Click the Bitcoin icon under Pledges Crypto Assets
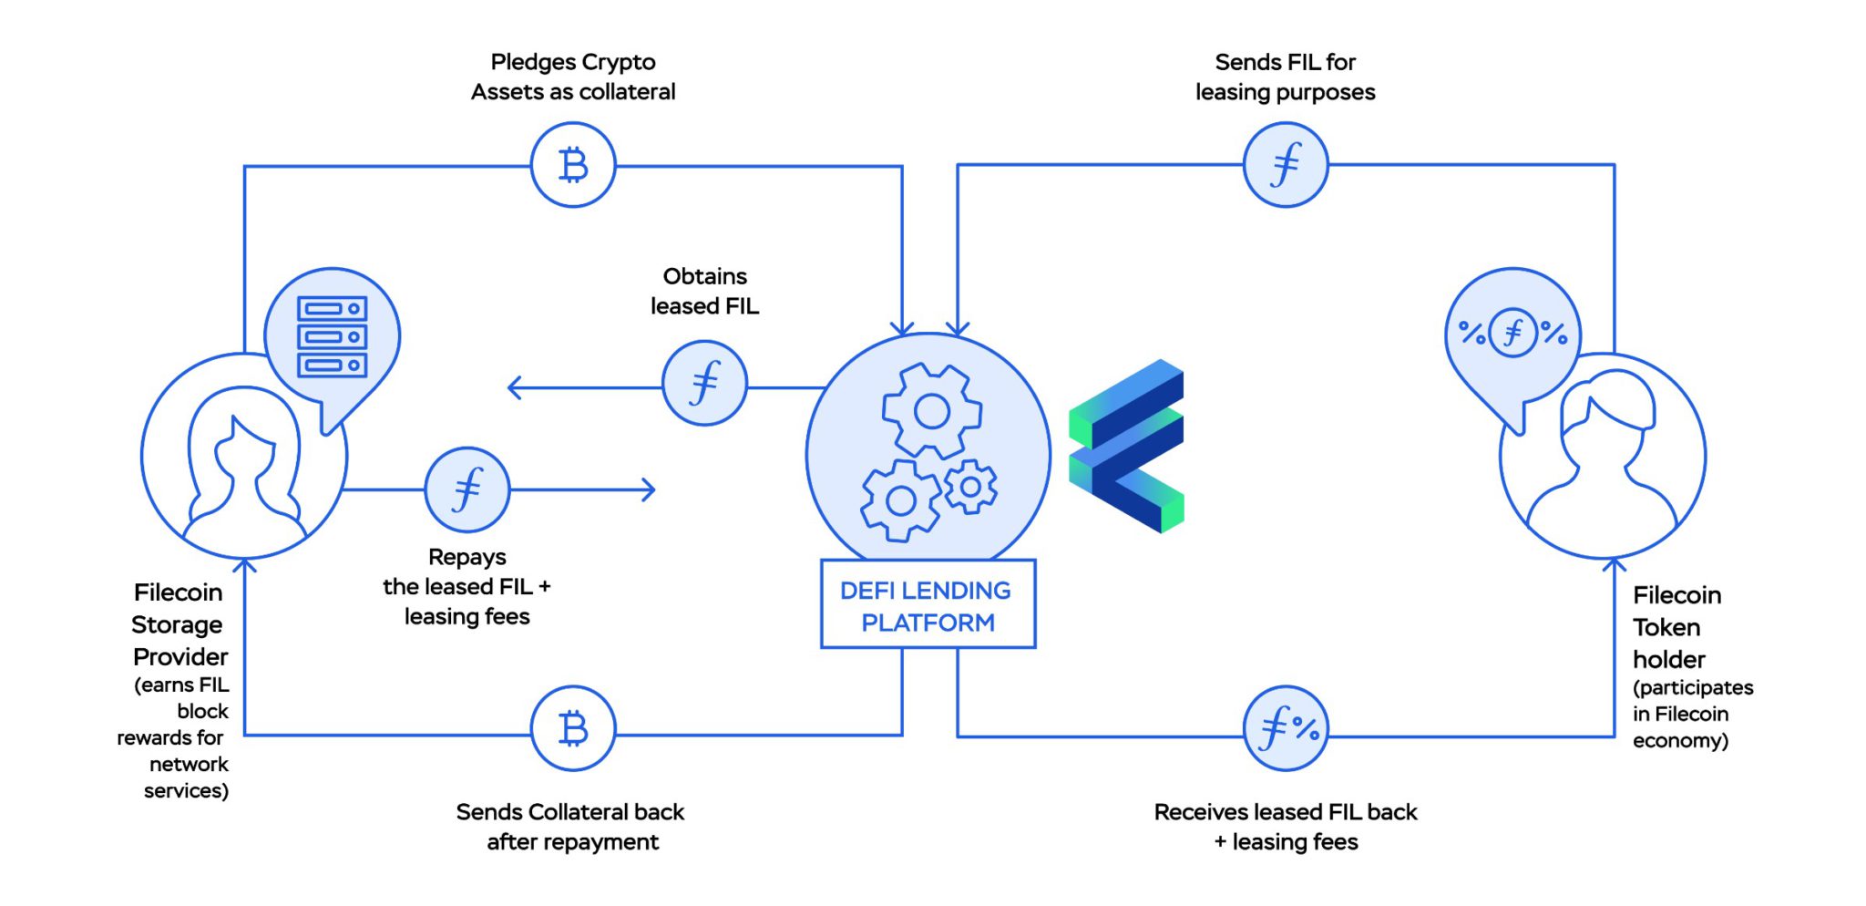pyautogui.click(x=573, y=165)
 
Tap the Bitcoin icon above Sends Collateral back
pyautogui.click(x=573, y=728)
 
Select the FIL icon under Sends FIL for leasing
pyautogui.click(x=1286, y=165)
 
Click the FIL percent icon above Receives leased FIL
pyautogui.click(x=1286, y=728)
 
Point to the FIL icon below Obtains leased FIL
pyautogui.click(x=704, y=383)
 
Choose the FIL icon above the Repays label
pyautogui.click(x=467, y=489)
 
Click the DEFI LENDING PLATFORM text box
pyautogui.click(x=928, y=605)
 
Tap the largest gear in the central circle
pyautogui.click(x=931, y=411)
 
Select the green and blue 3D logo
pyautogui.click(x=1127, y=446)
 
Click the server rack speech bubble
pyautogui.click(x=333, y=337)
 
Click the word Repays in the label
pyautogui.click(x=466, y=557)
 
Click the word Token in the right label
pyautogui.click(x=1666, y=628)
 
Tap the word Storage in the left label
pyautogui.click(x=177, y=625)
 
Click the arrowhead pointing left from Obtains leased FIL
pyautogui.click(x=514, y=388)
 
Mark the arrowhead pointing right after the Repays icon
pyautogui.click(x=649, y=489)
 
